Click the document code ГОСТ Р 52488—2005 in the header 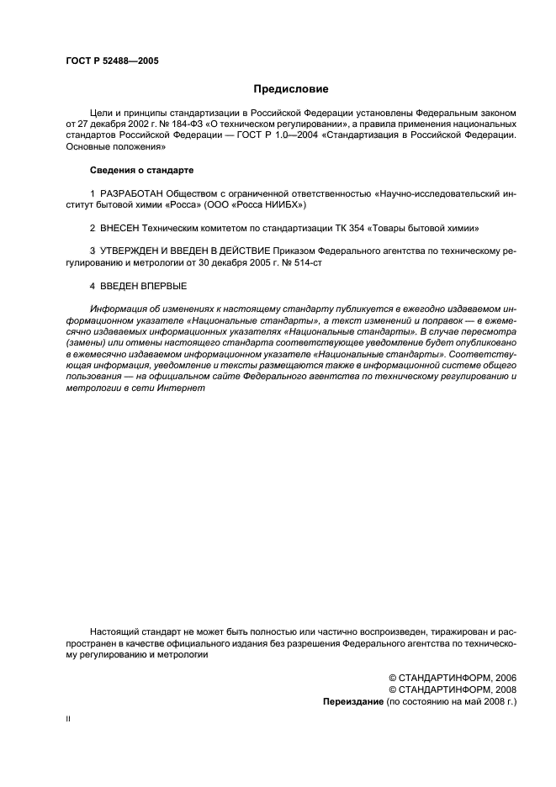click(111, 61)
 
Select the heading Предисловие click(290, 88)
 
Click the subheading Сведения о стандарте click(141, 170)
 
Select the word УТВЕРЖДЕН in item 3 click(128, 251)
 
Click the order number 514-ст click(306, 263)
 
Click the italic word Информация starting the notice click(117, 310)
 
